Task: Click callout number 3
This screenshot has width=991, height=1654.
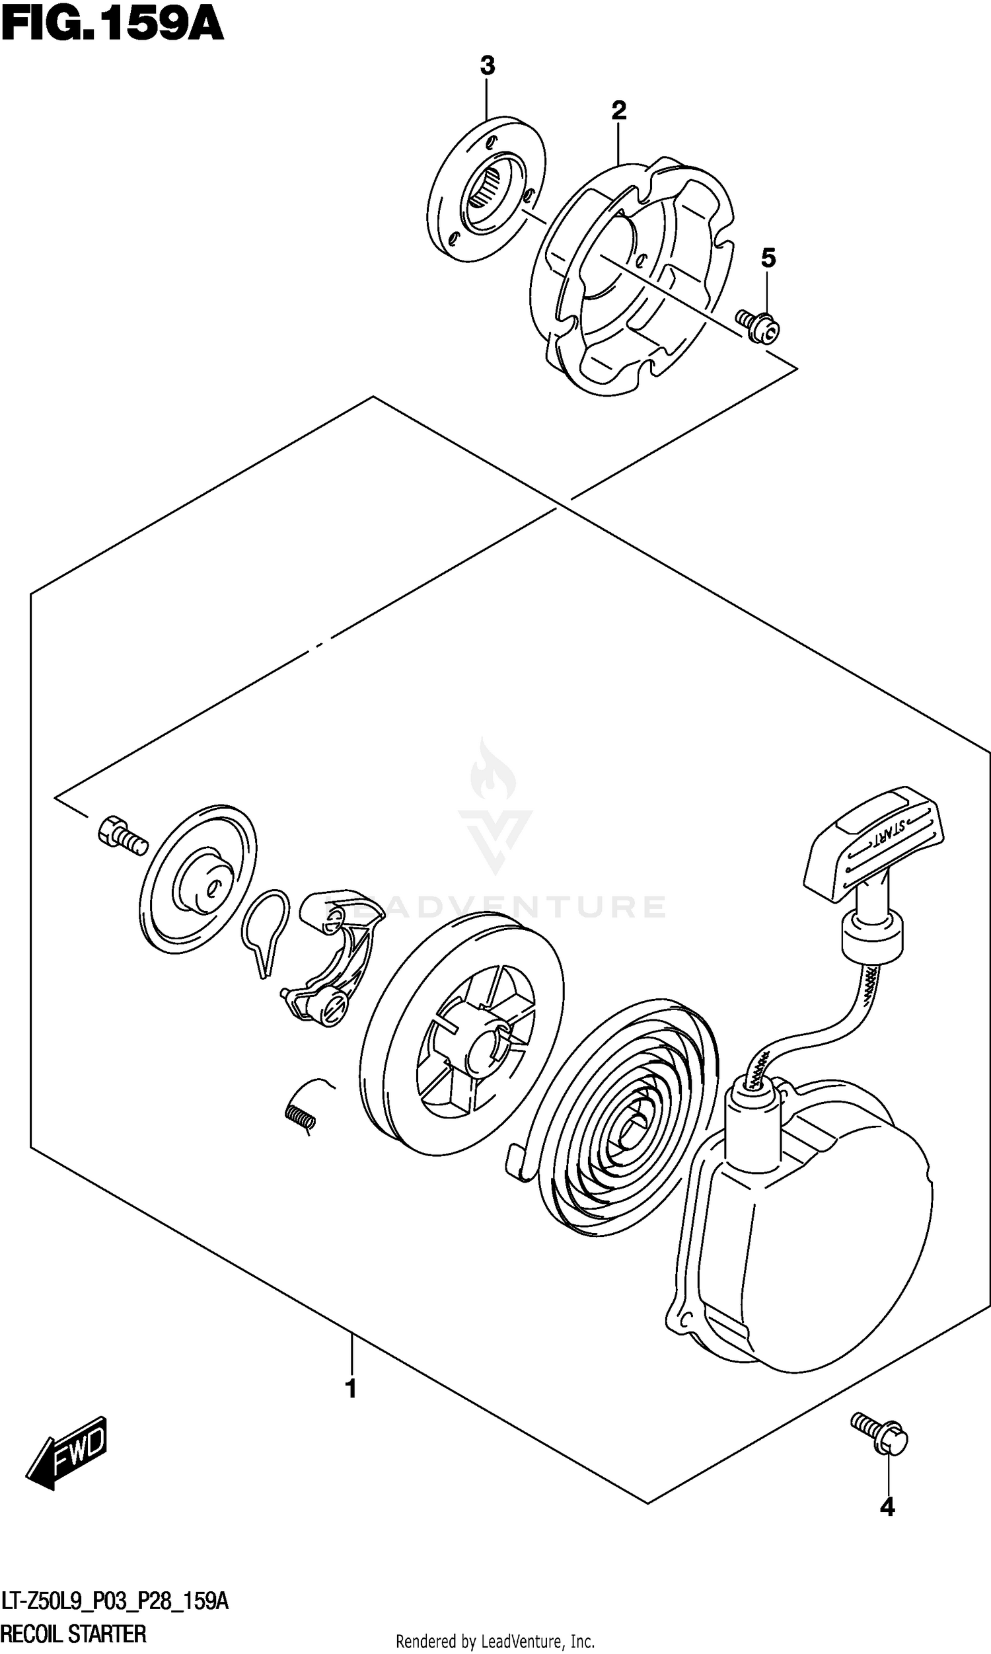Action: point(488,66)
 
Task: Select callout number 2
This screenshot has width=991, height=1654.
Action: point(618,110)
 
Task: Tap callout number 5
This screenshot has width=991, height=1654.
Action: point(768,258)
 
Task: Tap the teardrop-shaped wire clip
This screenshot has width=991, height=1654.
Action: point(265,929)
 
